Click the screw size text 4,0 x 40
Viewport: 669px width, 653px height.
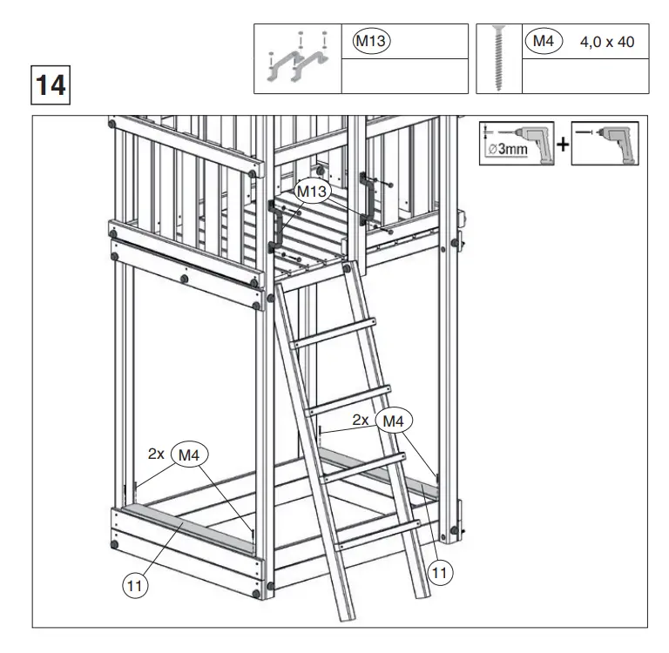(x=607, y=42)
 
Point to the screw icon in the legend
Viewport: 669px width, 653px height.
(x=498, y=57)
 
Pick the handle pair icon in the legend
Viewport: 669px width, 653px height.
(x=297, y=58)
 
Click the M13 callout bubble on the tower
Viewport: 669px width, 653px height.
(x=311, y=191)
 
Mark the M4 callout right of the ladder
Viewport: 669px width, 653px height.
(x=394, y=421)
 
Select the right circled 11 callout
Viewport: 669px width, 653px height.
(x=442, y=572)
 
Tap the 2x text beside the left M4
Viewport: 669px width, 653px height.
(x=157, y=454)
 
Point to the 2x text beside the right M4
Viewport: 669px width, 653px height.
(x=362, y=420)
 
